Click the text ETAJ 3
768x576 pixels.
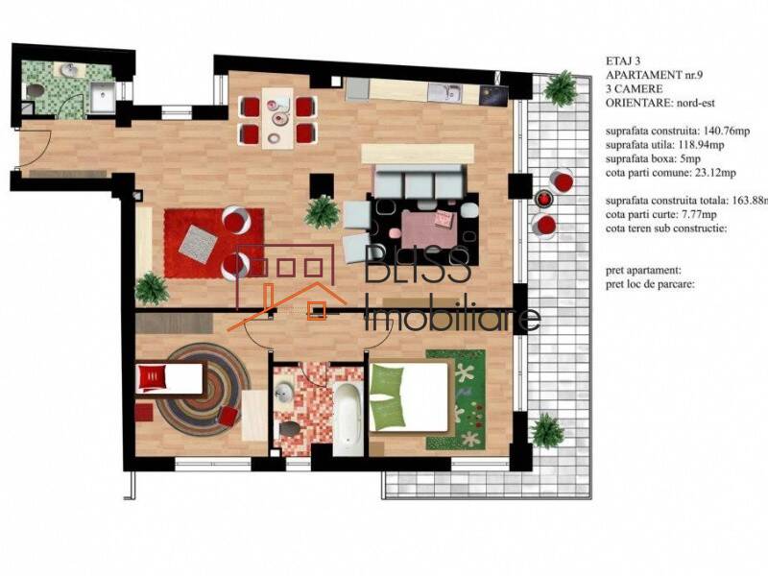pyautogui.click(x=627, y=60)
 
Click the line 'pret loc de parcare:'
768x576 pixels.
pyautogui.click(x=650, y=284)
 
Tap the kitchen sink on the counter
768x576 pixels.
pyautogui.click(x=443, y=92)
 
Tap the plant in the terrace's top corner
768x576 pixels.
pyautogui.click(x=560, y=88)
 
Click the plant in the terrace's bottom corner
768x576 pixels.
pyautogui.click(x=546, y=429)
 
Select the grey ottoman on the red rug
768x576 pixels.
pyautogui.click(x=198, y=241)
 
